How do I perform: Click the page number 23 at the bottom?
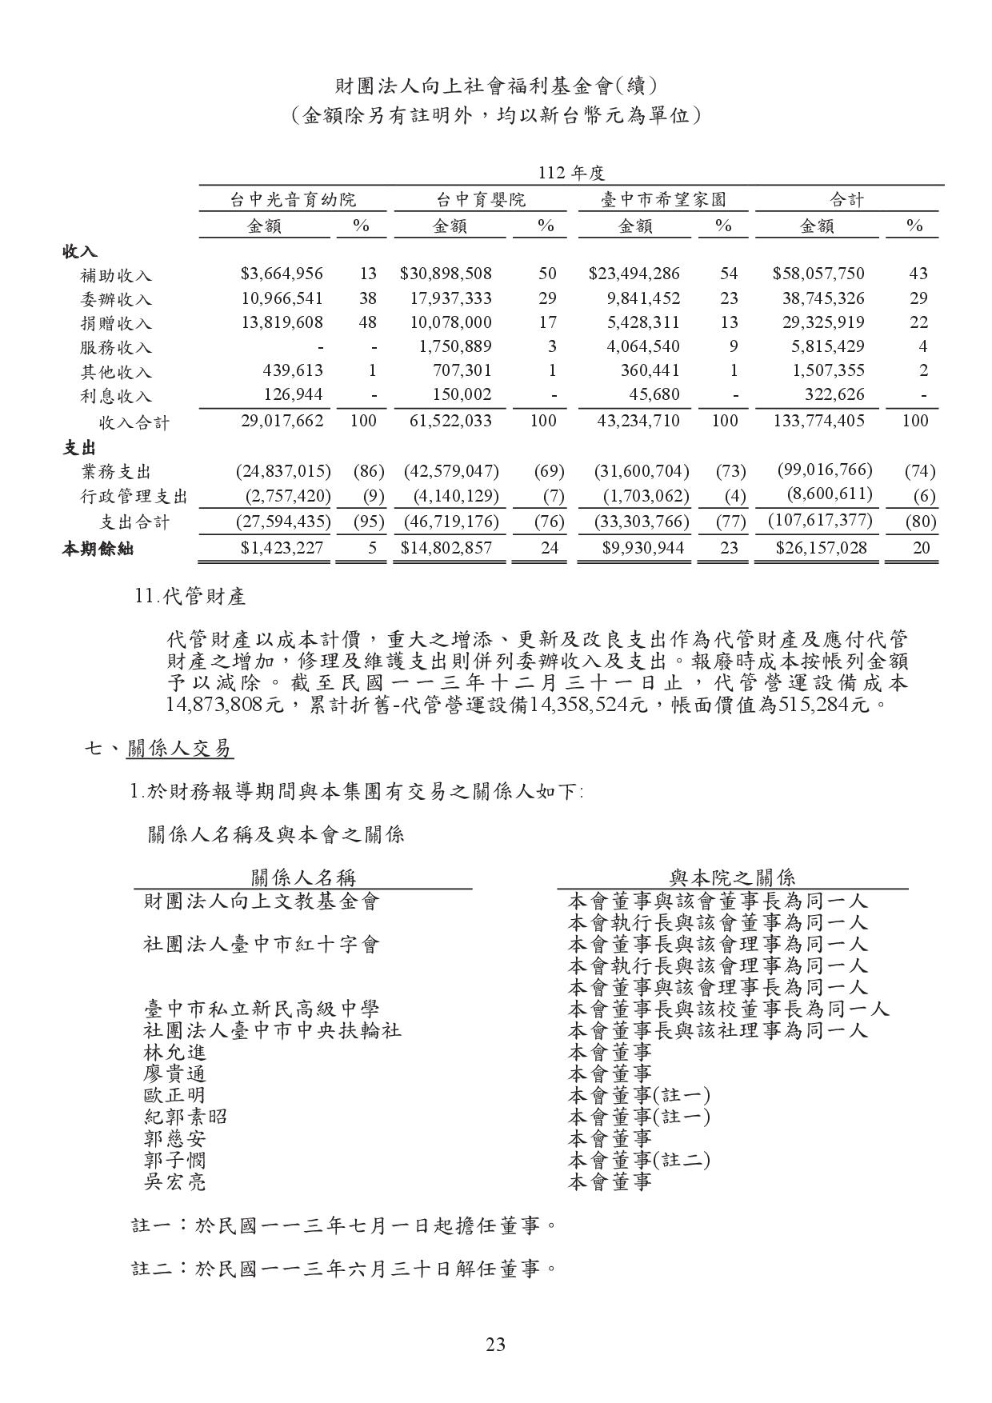point(495,1344)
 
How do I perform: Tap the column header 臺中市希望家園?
point(663,199)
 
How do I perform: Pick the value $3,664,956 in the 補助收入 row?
point(282,274)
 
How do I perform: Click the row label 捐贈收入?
point(116,323)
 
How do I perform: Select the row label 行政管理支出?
point(134,497)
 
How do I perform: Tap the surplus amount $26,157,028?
point(821,548)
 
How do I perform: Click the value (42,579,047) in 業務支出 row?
point(451,470)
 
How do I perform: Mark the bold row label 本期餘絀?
point(98,549)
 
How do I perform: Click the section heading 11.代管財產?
point(191,596)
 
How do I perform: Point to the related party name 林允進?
point(174,1052)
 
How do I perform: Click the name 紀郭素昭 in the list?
point(185,1116)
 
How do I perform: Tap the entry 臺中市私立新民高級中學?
point(261,1009)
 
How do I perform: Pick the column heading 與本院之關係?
point(732,877)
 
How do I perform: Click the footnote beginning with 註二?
point(343,1268)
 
